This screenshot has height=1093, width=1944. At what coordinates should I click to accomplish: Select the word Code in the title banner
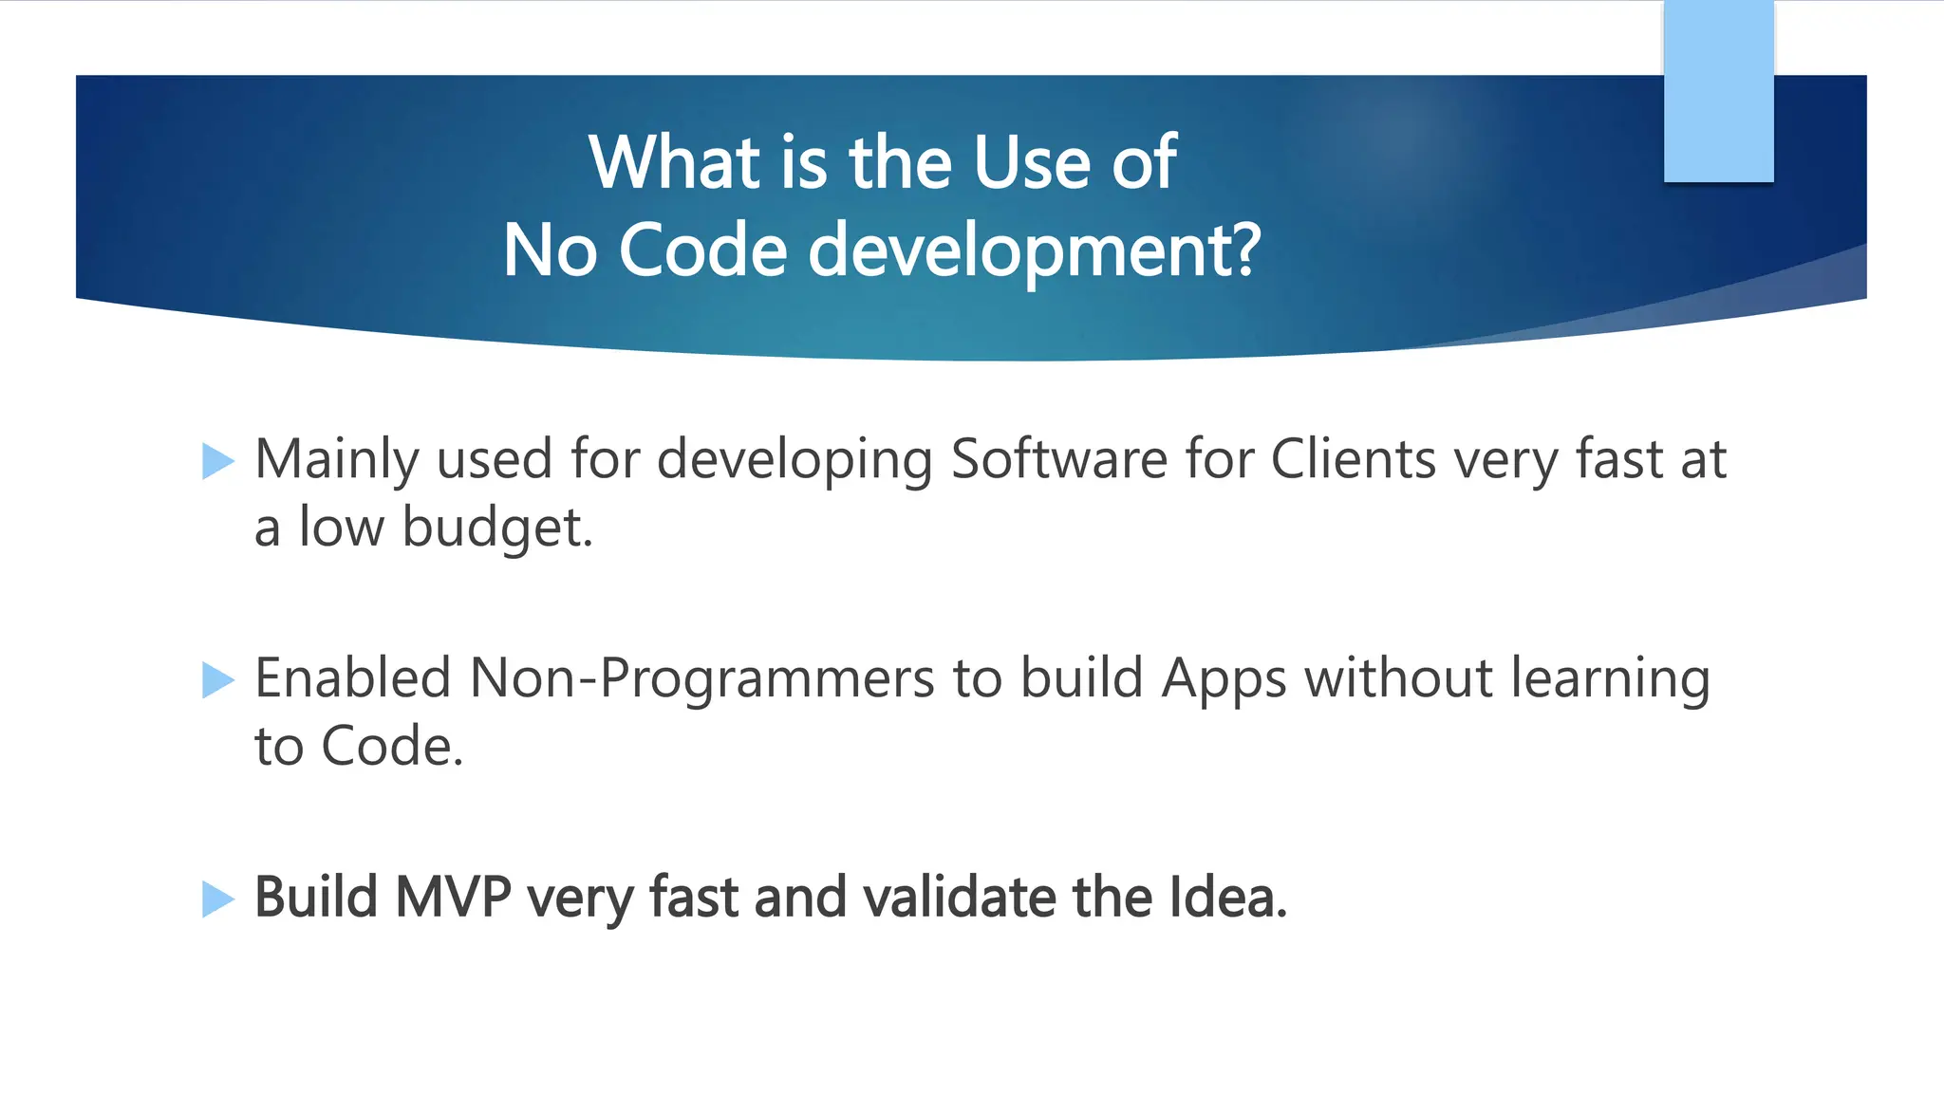(x=702, y=250)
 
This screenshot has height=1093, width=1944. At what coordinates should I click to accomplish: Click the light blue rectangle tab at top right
(x=1718, y=91)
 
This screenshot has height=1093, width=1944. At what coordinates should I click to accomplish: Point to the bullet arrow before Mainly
(x=217, y=461)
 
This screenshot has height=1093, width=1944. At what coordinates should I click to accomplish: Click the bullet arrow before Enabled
(x=217, y=680)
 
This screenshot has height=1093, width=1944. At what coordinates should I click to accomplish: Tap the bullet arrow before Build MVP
(x=217, y=898)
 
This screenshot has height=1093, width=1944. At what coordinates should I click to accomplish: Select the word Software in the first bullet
(x=1058, y=460)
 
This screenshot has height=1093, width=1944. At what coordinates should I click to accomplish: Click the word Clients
(x=1353, y=460)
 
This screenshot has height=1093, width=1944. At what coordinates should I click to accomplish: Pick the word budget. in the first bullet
(x=497, y=528)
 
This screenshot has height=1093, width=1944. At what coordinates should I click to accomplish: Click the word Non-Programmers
(x=702, y=679)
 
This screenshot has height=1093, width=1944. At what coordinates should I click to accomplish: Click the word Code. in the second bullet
(x=392, y=747)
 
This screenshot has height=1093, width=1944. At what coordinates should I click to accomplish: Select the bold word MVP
(x=453, y=898)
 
